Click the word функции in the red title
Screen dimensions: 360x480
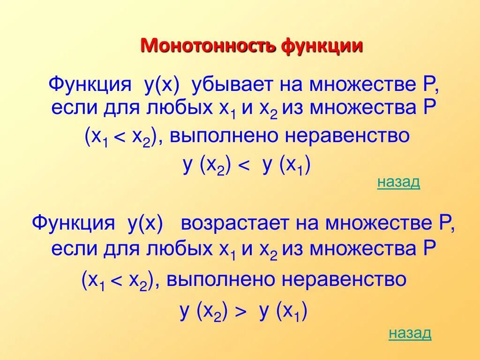(322, 46)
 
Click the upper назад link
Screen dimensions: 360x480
(398, 182)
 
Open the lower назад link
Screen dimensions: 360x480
(410, 333)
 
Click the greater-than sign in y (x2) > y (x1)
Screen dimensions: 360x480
(240, 313)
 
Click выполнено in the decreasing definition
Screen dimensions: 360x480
(224, 136)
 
